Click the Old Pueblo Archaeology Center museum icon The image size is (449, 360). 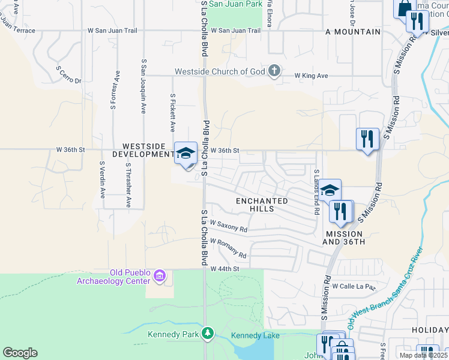(x=159, y=276)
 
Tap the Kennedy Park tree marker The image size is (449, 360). (x=208, y=332)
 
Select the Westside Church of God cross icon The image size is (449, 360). (x=274, y=71)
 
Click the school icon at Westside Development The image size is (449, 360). (x=185, y=152)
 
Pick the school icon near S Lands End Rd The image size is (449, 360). (x=330, y=190)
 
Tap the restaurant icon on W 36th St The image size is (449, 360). (x=367, y=139)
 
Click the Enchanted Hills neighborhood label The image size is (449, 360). (x=262, y=205)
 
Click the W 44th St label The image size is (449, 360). (x=225, y=269)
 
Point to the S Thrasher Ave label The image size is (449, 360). (x=128, y=184)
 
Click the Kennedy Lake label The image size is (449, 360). (x=255, y=335)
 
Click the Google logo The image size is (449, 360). (x=20, y=353)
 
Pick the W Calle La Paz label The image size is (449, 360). (x=353, y=286)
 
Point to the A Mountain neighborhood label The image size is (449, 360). (x=353, y=31)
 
